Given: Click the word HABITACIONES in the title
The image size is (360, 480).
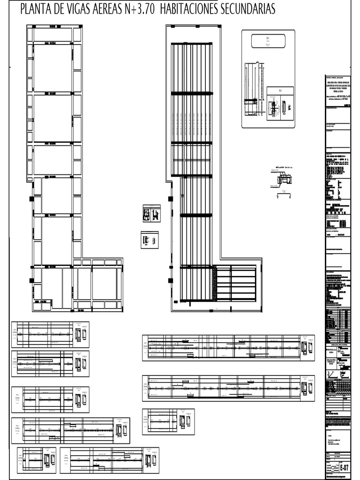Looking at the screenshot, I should click(210, 9).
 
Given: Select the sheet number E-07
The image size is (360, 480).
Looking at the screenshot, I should click(344, 468).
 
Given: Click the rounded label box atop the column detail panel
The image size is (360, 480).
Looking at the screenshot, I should click(266, 41).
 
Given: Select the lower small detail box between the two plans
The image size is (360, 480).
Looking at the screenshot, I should click(150, 240).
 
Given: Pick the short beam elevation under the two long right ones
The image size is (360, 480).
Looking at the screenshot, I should click(168, 418).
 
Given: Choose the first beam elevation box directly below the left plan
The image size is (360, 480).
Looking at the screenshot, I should click(50, 334).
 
